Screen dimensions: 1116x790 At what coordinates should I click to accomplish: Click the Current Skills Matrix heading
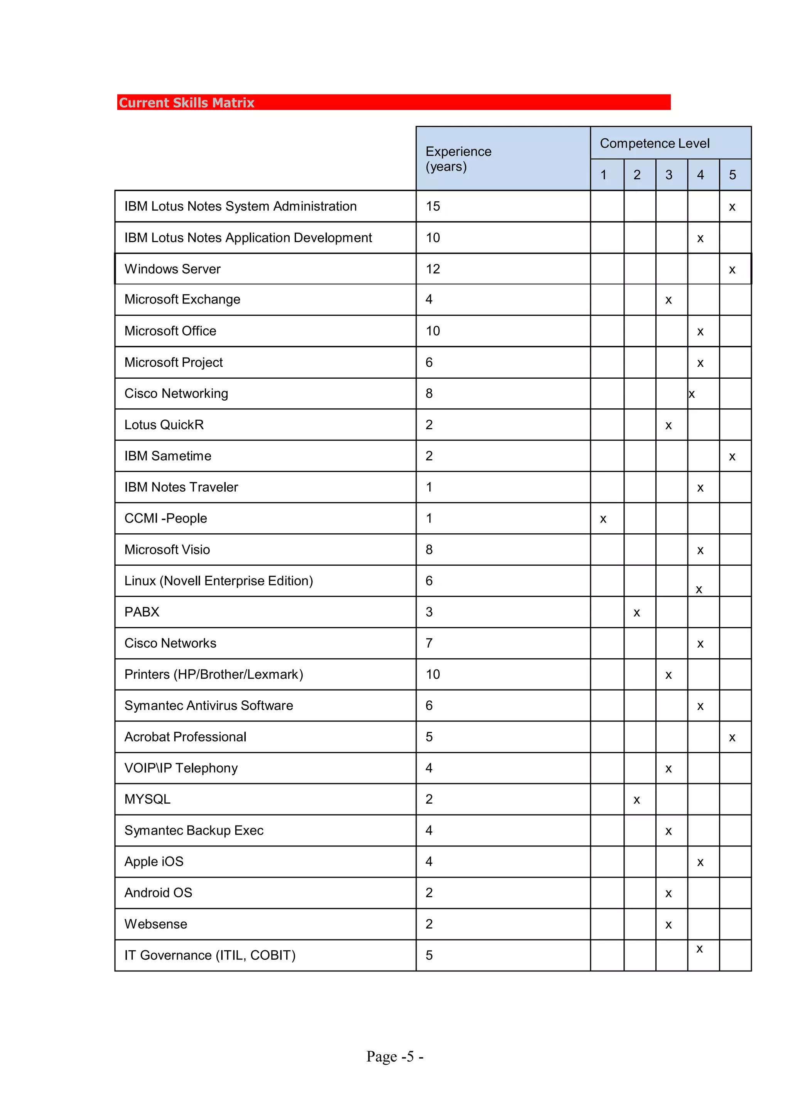pyautogui.click(x=187, y=103)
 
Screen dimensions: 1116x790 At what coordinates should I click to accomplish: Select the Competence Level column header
pyautogui.click(x=654, y=143)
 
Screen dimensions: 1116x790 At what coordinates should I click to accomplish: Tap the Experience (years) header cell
pyautogui.click(x=458, y=159)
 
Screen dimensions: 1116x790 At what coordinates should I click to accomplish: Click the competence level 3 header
pyautogui.click(x=669, y=175)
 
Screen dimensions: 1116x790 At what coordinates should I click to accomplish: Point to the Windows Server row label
pyautogui.click(x=173, y=269)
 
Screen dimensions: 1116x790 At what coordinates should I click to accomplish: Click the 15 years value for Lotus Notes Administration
pyautogui.click(x=433, y=206)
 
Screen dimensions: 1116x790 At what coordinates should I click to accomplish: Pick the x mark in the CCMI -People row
pyautogui.click(x=603, y=519)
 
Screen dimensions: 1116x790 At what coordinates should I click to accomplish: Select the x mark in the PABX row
pyautogui.click(x=637, y=613)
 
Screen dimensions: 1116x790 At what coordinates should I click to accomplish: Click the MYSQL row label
pyautogui.click(x=147, y=799)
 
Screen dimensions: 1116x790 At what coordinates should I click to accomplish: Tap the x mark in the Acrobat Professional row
pyautogui.click(x=732, y=738)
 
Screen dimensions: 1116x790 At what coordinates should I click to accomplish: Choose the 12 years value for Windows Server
pyautogui.click(x=433, y=269)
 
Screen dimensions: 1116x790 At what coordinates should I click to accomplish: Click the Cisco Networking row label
pyautogui.click(x=176, y=393)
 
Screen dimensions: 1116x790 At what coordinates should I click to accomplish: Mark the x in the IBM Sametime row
pyautogui.click(x=732, y=457)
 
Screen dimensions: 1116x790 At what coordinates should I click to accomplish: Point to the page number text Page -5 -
pyautogui.click(x=395, y=1056)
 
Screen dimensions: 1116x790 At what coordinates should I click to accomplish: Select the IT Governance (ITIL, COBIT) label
pyautogui.click(x=210, y=955)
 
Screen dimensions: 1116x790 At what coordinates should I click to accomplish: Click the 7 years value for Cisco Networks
pyautogui.click(x=429, y=643)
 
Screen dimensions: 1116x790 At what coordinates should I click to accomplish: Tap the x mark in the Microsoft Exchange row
pyautogui.click(x=668, y=300)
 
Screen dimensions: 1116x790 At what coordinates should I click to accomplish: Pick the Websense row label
pyautogui.click(x=156, y=924)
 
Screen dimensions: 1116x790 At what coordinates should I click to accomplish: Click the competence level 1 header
pyautogui.click(x=603, y=175)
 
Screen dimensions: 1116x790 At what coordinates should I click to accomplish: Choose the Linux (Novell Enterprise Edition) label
pyautogui.click(x=218, y=581)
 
